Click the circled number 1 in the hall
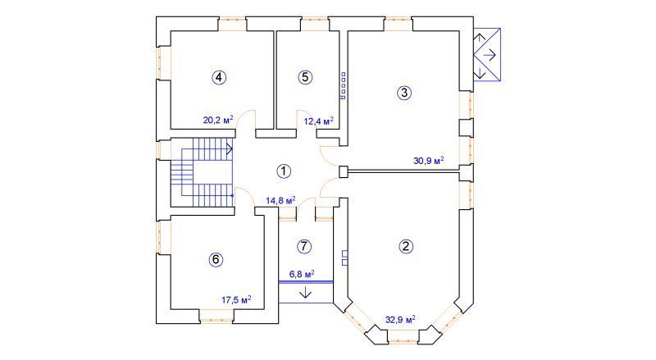pos(284,171)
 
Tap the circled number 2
pos(405,246)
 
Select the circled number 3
pos(403,93)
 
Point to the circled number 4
pos(219,77)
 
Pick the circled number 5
pos(305,77)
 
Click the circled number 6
pos(216,259)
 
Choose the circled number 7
pos(303,246)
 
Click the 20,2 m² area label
pos(218,121)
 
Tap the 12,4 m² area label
pos(319,121)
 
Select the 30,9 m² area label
pos(428,161)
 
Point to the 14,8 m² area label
pos(280,201)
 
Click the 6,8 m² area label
pos(302,274)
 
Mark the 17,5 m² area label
pos(236,299)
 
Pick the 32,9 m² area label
pos(400,320)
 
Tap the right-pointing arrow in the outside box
pos(489,54)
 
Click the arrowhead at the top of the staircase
pos(230,148)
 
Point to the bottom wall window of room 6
pos(216,316)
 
